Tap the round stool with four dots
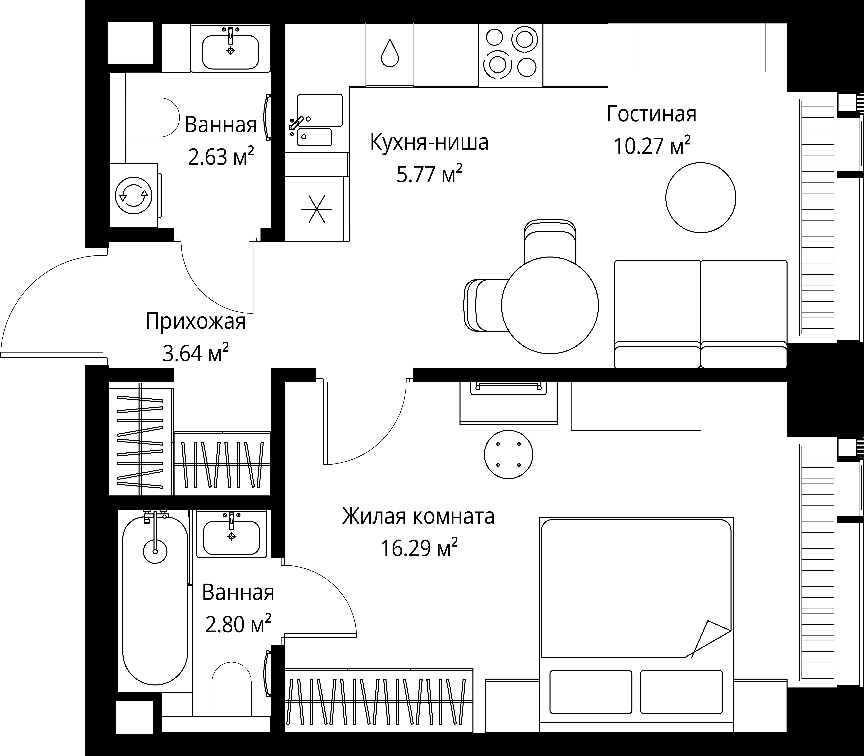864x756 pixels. tap(508, 454)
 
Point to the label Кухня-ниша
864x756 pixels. tap(429, 142)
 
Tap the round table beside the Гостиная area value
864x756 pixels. tap(701, 197)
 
